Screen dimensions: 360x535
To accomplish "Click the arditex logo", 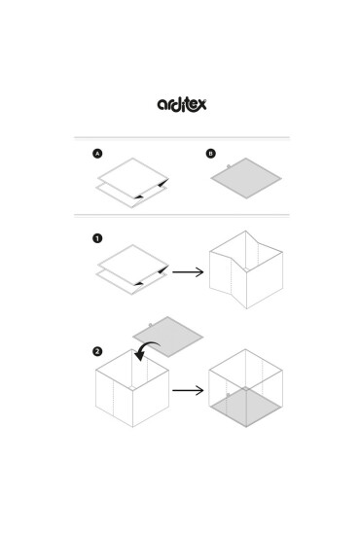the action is pyautogui.click(x=182, y=104).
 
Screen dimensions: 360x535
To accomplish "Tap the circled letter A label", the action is pyautogui.click(x=97, y=154).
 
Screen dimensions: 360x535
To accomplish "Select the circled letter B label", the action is pyautogui.click(x=211, y=154).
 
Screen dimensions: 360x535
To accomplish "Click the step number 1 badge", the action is pyautogui.click(x=97, y=238).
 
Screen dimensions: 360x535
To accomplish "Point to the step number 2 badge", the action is pyautogui.click(x=97, y=351).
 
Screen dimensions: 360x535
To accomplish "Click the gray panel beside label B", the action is pyautogui.click(x=246, y=178).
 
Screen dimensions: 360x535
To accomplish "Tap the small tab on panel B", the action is pyautogui.click(x=229, y=166).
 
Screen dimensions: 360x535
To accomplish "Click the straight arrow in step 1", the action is pyautogui.click(x=188, y=272).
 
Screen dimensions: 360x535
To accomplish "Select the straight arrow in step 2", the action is pyautogui.click(x=188, y=390).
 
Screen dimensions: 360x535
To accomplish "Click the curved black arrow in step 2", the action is pyautogui.click(x=145, y=347).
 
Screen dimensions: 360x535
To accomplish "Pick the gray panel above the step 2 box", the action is pyautogui.click(x=168, y=337).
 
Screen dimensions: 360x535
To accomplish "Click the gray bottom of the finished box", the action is pyautogui.click(x=246, y=407).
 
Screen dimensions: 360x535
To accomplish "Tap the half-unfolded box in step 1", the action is pyautogui.click(x=246, y=269).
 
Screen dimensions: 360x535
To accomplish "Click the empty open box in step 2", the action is pyautogui.click(x=132, y=388).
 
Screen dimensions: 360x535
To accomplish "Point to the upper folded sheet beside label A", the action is pyautogui.click(x=133, y=178).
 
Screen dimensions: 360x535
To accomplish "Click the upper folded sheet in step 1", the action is pyautogui.click(x=133, y=265).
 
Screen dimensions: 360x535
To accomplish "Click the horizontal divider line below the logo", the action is pyautogui.click(x=182, y=138).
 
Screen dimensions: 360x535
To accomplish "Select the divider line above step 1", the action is pyautogui.click(x=182, y=216).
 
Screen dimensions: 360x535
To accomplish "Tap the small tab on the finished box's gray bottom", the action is pyautogui.click(x=228, y=395).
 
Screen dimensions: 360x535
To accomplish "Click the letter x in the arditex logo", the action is pyautogui.click(x=202, y=104).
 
